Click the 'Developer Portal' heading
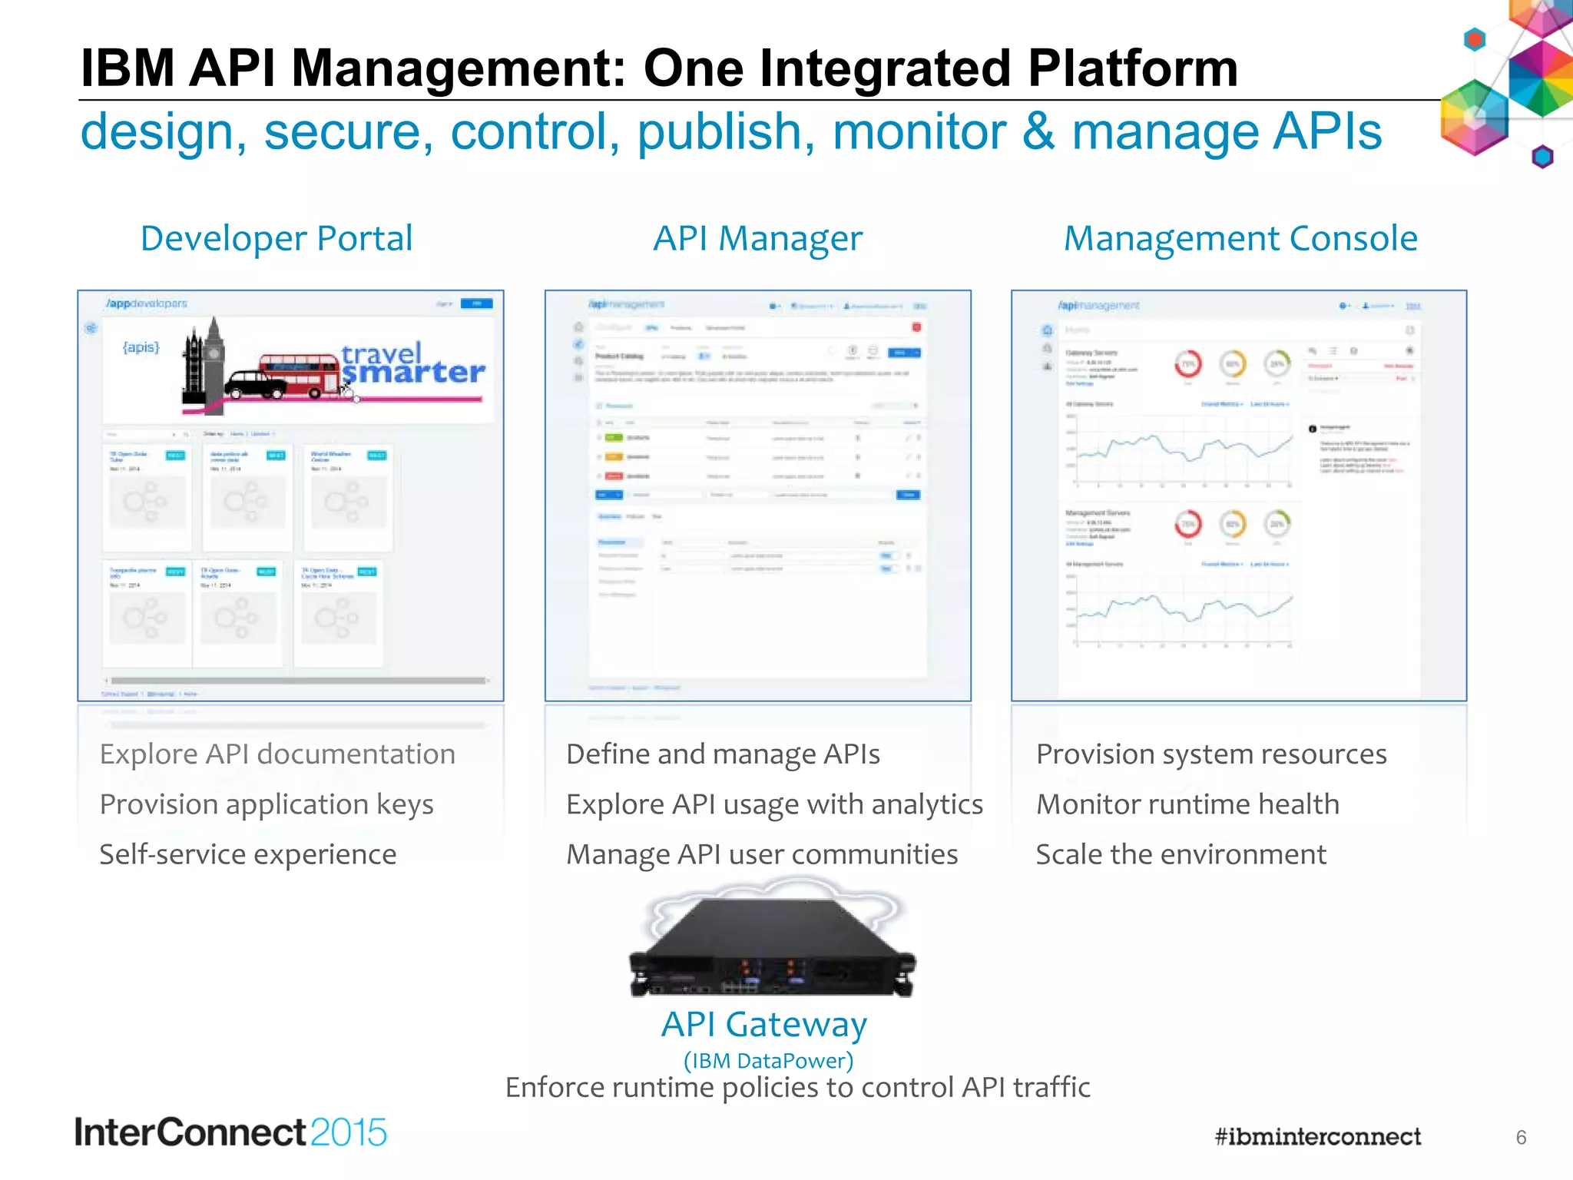(277, 239)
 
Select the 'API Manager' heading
(757, 239)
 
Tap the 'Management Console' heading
(1240, 239)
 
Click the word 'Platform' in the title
(1133, 68)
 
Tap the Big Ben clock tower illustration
(204, 361)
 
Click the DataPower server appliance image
(772, 949)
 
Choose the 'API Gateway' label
(763, 1024)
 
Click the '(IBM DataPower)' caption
(768, 1061)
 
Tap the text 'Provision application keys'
(267, 804)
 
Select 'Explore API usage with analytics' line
(774, 804)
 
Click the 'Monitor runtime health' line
(1187, 804)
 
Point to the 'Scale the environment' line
(1181, 854)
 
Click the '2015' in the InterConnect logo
(349, 1133)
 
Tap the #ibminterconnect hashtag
(1317, 1137)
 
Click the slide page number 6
(1521, 1138)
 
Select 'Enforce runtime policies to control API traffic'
(797, 1088)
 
